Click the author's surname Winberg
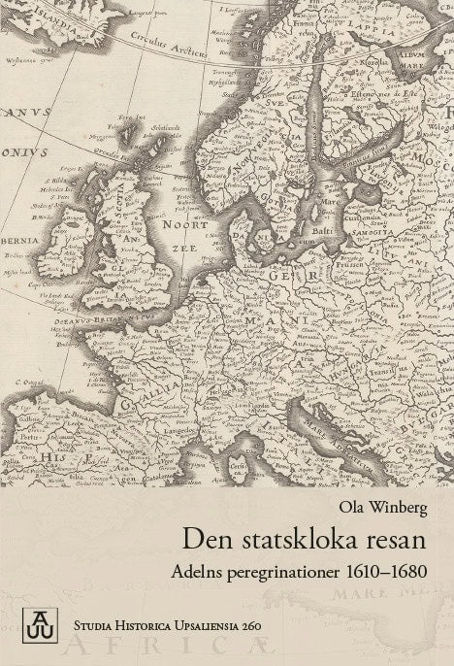399,507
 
